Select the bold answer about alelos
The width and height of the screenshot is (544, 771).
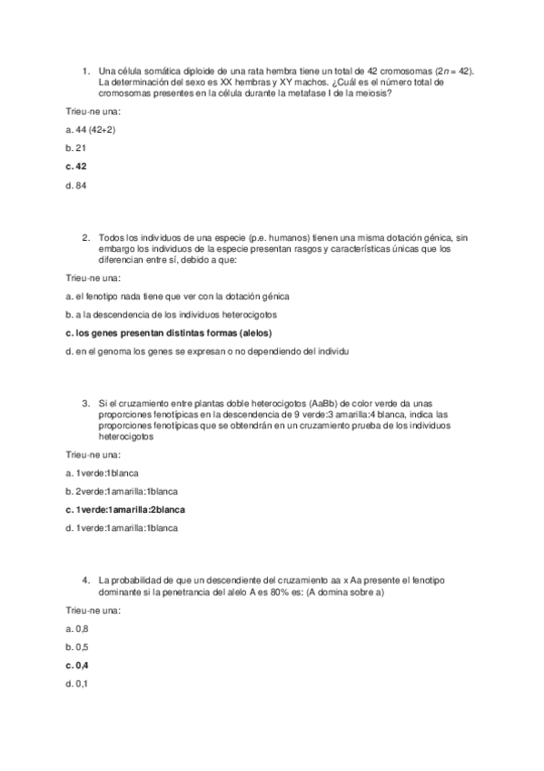click(169, 333)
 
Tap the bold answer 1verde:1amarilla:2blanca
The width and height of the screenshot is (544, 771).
click(132, 510)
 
